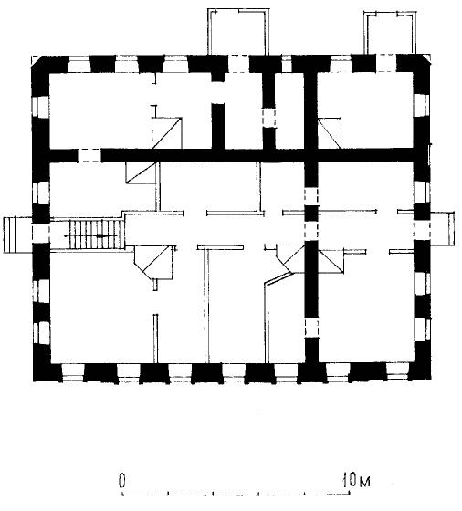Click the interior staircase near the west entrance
pos(95,234)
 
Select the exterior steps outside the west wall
pos(12,235)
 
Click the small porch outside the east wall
pos(443,228)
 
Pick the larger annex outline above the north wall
pos(239,32)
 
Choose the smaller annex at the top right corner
pos(390,33)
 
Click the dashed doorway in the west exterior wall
pos(41,233)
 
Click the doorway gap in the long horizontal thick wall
pos(89,155)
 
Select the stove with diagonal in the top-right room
pos(330,133)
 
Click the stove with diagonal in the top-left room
pos(166,132)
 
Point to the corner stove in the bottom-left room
pos(154,263)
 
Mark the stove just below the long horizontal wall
pos(141,172)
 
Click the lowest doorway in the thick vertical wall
pos(311,328)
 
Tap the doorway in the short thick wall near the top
pos(268,118)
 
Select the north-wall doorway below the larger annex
pos(238,64)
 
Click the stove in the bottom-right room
pos(331,261)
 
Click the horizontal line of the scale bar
pos(236,495)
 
